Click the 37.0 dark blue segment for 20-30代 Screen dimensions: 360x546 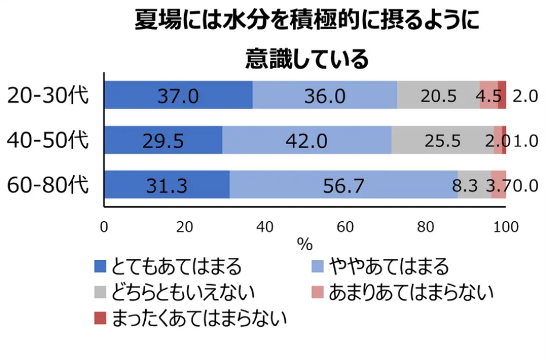point(178,95)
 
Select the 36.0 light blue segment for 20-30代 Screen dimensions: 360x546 point(325,95)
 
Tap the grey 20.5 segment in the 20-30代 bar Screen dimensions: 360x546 point(439,95)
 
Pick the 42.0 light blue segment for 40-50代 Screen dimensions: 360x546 point(307,141)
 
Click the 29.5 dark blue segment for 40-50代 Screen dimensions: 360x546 point(163,141)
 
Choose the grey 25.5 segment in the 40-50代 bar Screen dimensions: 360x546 point(442,141)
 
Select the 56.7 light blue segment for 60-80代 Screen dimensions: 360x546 point(344,185)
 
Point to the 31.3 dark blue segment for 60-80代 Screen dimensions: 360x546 point(166,185)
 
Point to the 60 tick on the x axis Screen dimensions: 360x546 point(344,227)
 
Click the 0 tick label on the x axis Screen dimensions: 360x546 point(104,227)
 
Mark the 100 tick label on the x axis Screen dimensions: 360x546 point(505,227)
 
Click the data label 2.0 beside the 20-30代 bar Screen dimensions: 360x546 point(525,96)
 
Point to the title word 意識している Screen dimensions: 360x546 point(306,59)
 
